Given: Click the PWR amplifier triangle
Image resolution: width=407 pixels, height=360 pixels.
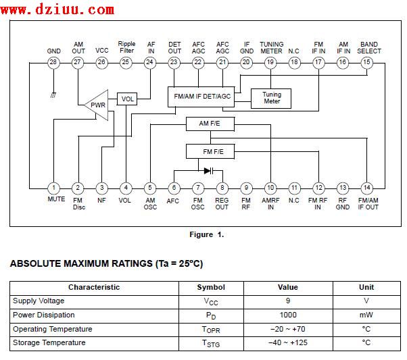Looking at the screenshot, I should coord(96,105).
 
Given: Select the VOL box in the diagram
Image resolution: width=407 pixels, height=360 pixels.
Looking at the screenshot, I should coord(127,99).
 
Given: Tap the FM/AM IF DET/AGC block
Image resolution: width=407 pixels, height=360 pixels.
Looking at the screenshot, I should coord(202,97).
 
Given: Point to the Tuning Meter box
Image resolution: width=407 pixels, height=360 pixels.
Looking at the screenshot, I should coord(272,97).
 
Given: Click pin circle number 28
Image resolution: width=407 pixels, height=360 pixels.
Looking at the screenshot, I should coord(53,62).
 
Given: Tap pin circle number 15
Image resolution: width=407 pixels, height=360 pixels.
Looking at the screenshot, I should coord(366,62).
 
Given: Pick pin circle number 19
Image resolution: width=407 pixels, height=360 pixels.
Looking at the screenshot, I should coord(270,62).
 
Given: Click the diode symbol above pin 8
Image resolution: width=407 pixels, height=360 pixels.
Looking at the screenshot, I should coord(208,170).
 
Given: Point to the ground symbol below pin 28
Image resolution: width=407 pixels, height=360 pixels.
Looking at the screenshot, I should coord(53,94).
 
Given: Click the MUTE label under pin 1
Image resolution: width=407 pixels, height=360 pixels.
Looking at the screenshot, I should coord(56,200).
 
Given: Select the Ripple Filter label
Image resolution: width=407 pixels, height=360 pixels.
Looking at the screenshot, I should coord(126,47).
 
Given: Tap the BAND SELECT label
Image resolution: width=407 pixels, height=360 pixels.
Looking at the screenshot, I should coord(369,47).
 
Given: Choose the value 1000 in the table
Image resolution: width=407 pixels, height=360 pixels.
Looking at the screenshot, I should coord(287,315).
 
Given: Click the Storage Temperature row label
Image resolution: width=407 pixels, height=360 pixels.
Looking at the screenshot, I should coord(49,343).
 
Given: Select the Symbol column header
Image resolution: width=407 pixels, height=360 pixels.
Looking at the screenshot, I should coord(211,287).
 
